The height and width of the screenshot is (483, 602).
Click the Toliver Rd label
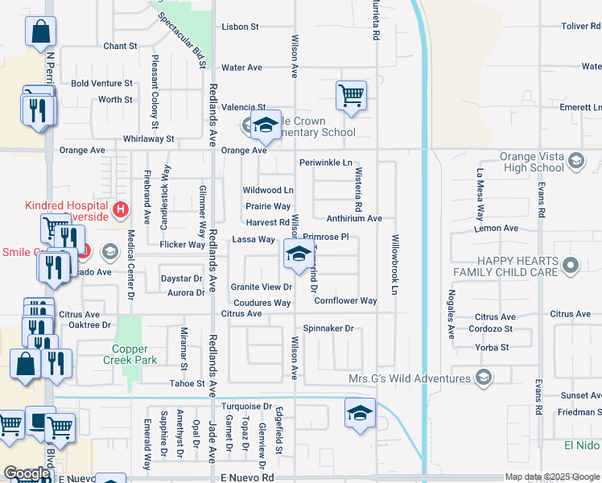point(579,27)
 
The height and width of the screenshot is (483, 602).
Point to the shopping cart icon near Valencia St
point(352,96)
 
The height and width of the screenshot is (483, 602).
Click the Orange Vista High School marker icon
point(575,162)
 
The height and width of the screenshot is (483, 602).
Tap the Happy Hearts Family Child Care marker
point(571,264)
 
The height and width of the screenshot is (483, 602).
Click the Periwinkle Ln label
point(326,163)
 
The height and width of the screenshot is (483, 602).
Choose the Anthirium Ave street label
point(354,218)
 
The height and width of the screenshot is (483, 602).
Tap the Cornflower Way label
point(345,301)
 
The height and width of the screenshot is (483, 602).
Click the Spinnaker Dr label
point(328,328)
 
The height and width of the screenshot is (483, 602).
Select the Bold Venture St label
point(101,83)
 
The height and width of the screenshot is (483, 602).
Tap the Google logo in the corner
point(27,473)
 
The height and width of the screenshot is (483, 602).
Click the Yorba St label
point(493,347)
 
